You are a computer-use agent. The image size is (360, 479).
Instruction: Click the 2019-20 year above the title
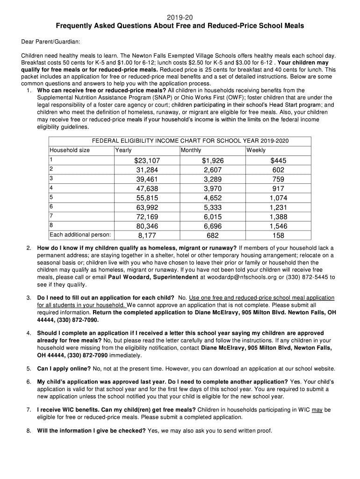pos(180,17)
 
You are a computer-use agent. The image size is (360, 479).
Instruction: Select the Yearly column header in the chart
pos(123,150)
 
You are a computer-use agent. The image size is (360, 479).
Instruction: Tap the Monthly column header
pos(191,150)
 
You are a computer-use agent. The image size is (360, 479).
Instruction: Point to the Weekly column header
pos(256,150)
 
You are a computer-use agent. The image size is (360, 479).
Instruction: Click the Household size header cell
pos(70,150)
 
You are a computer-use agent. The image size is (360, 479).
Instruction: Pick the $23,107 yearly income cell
pos(147,160)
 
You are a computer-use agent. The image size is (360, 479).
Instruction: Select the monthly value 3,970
pos(213,189)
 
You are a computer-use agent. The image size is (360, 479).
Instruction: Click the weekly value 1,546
pos(278,226)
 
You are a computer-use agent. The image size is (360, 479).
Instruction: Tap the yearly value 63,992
pos(147,207)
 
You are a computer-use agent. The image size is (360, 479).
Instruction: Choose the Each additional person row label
pos(80,235)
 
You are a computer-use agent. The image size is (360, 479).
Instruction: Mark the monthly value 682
pos(213,235)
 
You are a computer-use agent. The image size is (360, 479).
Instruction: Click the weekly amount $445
pos(278,160)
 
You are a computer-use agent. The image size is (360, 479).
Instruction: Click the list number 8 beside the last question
pos(29,431)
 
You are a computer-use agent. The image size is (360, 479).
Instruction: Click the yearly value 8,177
pos(147,235)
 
